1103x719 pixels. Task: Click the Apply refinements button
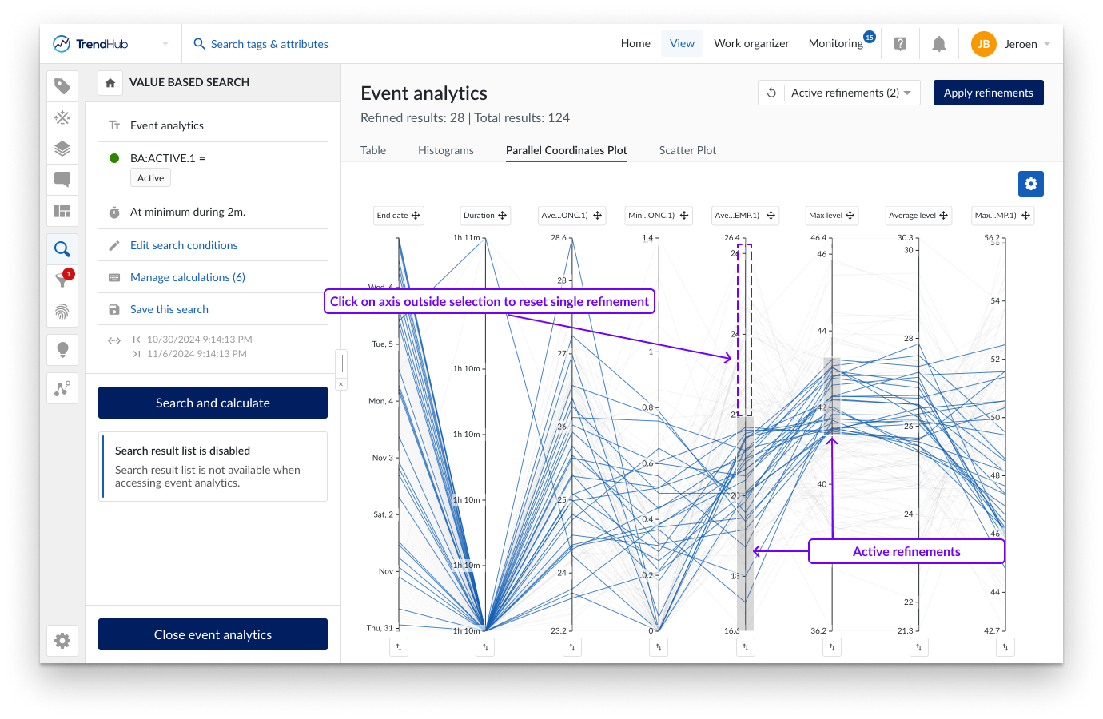point(988,93)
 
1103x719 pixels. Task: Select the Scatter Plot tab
point(687,150)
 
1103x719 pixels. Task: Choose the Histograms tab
point(445,150)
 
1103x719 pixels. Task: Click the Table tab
point(373,150)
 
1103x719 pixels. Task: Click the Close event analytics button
point(213,634)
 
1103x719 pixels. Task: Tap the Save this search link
point(169,309)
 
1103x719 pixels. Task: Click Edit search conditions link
point(184,245)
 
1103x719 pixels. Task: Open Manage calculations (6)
point(188,277)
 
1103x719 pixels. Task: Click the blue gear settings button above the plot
point(1031,184)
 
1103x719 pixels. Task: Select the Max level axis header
point(831,216)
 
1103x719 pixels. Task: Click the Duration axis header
point(485,216)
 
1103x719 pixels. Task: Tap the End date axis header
point(398,216)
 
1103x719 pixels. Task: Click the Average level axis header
point(918,216)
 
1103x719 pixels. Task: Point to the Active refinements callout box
point(906,551)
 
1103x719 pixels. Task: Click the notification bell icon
point(939,44)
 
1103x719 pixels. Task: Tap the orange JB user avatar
point(983,44)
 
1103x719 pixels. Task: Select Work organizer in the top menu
point(751,44)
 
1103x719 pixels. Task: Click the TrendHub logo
point(90,44)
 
